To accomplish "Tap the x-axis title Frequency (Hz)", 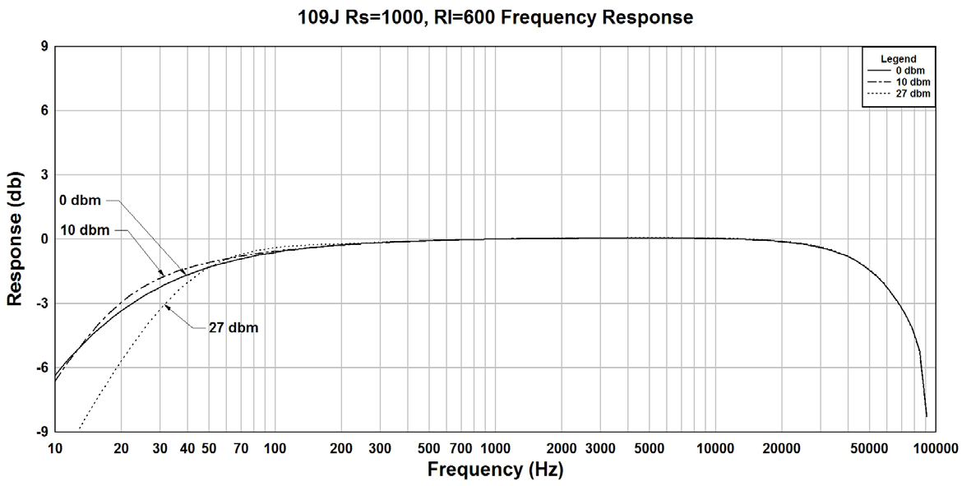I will (x=495, y=470).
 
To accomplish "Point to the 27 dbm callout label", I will (x=233, y=328).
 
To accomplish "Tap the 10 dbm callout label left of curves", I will (x=85, y=230).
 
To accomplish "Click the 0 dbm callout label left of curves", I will (x=80, y=200).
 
